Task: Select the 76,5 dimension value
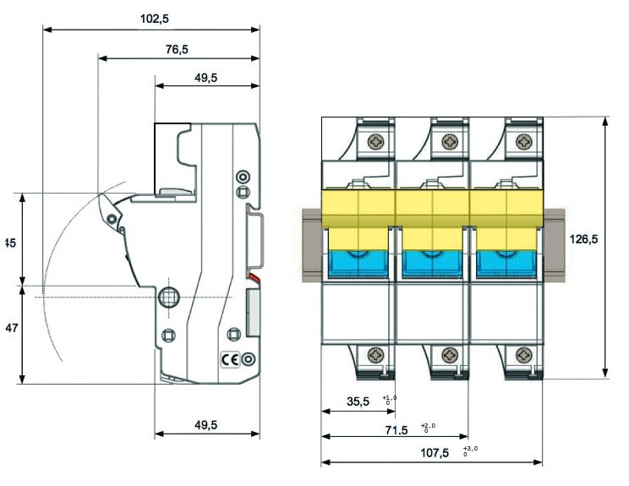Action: tap(176, 49)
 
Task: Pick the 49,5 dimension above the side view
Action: tap(205, 77)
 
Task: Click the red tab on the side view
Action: tap(253, 277)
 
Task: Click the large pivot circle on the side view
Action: tap(168, 297)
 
